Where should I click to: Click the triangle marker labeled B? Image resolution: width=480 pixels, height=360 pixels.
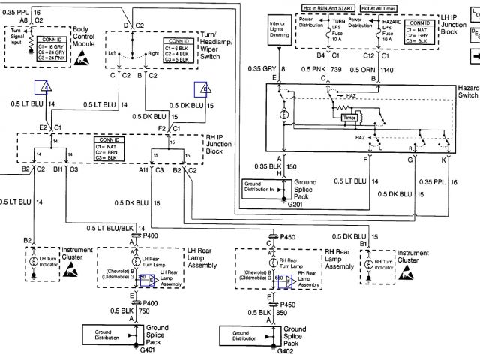point(203,89)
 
